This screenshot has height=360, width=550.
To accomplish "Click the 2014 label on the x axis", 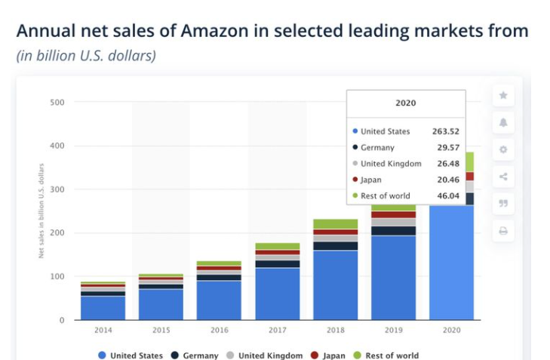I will tap(103, 330).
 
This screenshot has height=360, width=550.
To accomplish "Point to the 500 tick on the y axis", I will tap(57, 102).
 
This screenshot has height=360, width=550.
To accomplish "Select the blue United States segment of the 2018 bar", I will tap(336, 285).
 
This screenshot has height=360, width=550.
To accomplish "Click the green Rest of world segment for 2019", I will tap(393, 207).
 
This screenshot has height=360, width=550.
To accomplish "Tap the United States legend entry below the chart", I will tap(130, 355).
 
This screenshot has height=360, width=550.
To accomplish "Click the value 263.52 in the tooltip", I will tap(445, 131).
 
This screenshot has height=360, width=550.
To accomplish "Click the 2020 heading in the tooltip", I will tap(406, 103).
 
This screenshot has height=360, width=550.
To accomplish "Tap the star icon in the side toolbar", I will tap(503, 96).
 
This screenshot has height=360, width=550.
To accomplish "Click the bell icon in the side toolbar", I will tap(503, 122).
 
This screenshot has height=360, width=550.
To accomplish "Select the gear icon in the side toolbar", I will tap(503, 149).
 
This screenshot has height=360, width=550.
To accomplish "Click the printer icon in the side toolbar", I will tap(503, 230).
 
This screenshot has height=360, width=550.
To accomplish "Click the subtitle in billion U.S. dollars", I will tap(86, 56).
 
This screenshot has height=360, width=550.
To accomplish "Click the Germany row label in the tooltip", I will tap(377, 148).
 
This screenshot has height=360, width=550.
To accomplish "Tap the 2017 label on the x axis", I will tap(278, 330).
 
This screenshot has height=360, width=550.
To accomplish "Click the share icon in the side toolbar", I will tap(503, 177).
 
